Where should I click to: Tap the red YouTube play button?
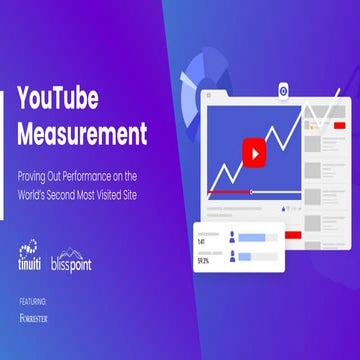(x=254, y=154)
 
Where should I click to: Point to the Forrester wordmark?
(x=34, y=318)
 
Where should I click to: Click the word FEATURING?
(x=33, y=299)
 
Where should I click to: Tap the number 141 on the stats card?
(x=202, y=241)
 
